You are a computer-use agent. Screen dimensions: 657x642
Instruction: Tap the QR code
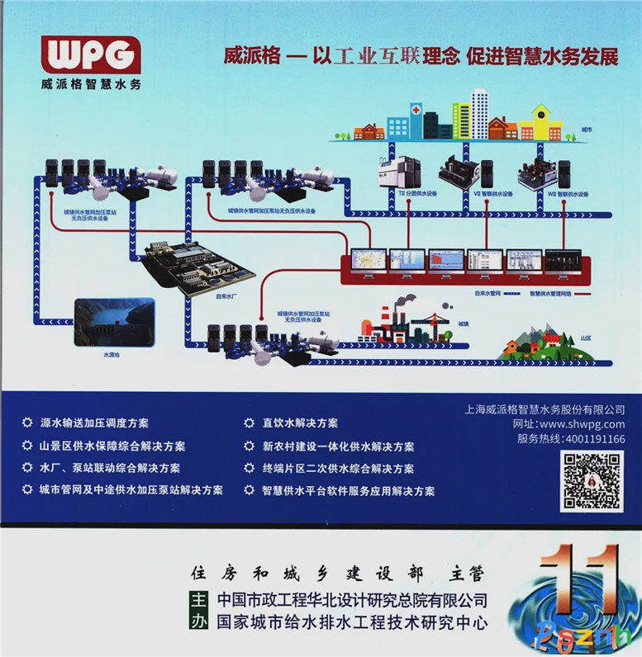pos(592,480)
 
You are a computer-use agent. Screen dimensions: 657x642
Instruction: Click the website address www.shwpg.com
pos(584,424)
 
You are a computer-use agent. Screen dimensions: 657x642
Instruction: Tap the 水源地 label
pos(112,354)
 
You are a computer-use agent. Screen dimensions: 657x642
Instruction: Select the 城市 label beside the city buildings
pos(586,130)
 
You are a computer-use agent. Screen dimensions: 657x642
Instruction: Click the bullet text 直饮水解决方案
pos(300,423)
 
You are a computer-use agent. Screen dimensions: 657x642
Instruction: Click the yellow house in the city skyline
pos(541,122)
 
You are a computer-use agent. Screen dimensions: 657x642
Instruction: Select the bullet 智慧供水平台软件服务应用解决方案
pos(348,490)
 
